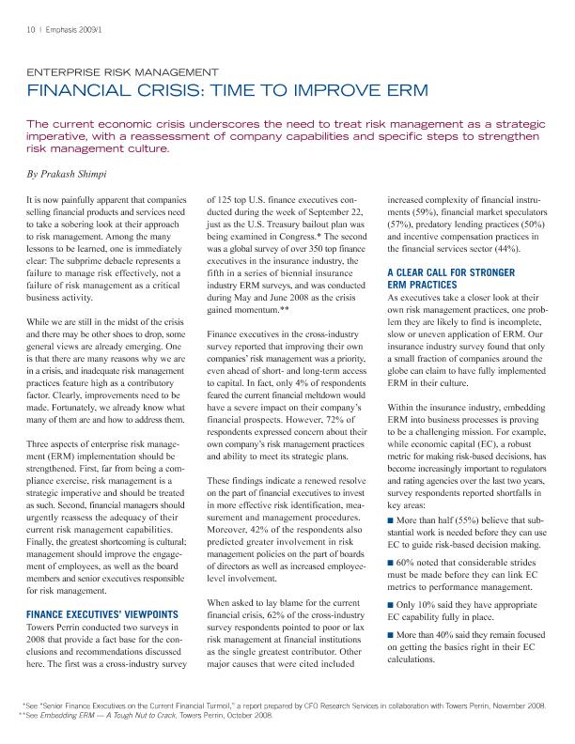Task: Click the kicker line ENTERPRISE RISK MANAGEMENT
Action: coord(123,71)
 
